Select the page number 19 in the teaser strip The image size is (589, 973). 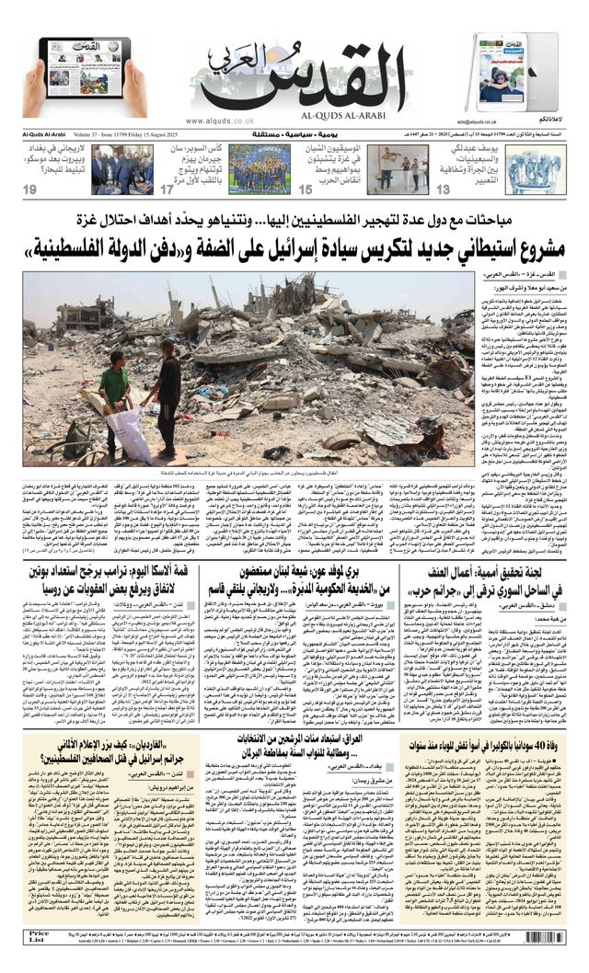tap(30, 189)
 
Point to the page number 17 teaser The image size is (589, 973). tap(167, 189)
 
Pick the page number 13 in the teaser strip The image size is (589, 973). tap(444, 189)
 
